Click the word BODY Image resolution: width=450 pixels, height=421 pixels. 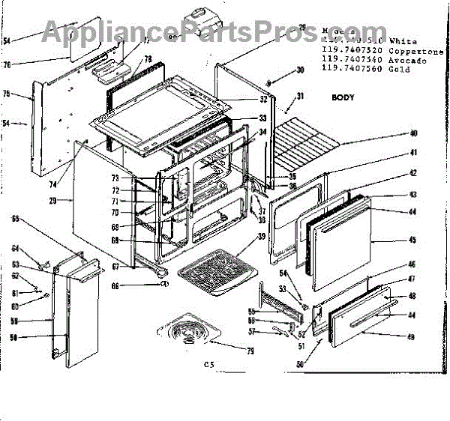pos(343,98)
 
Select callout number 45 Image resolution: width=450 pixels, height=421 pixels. pos(412,240)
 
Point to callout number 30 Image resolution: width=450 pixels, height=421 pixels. pos(300,70)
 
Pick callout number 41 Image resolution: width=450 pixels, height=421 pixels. pos(412,153)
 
